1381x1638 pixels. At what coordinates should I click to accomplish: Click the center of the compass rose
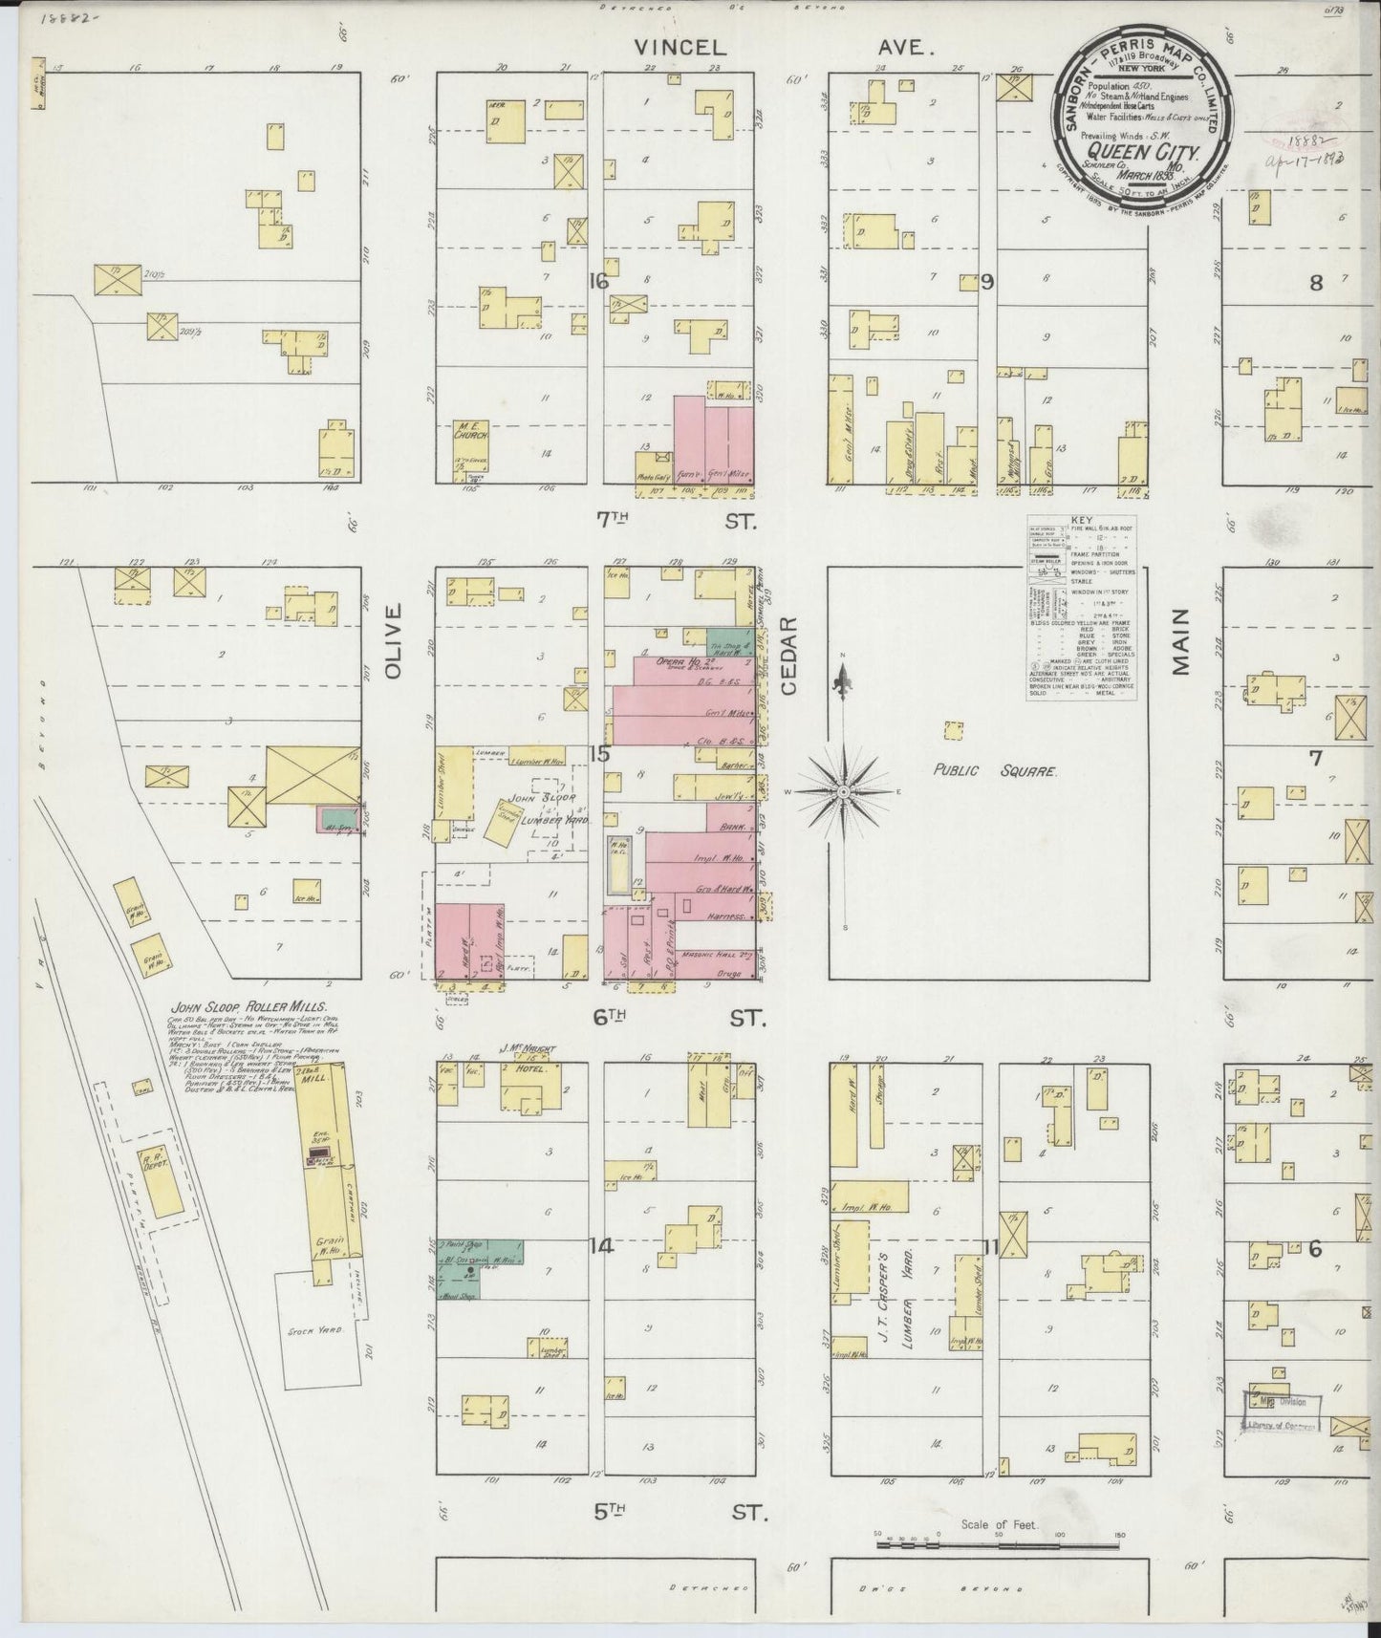[844, 792]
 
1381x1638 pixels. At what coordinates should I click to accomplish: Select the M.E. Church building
[470, 443]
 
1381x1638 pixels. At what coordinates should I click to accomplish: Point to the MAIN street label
[1181, 641]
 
